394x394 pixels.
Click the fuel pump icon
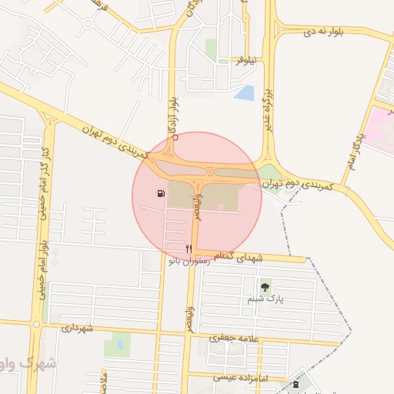tap(160, 193)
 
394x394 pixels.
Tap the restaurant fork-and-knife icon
tap(189, 249)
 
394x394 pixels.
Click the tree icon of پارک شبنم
tap(265, 287)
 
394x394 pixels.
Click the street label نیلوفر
tap(250, 58)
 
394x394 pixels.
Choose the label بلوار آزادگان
tap(175, 115)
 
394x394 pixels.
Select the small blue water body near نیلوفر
tap(245, 93)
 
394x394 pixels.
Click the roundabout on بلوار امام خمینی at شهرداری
tap(36, 324)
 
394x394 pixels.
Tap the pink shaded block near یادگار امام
tap(379, 127)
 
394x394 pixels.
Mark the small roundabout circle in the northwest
tap(88, 22)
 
